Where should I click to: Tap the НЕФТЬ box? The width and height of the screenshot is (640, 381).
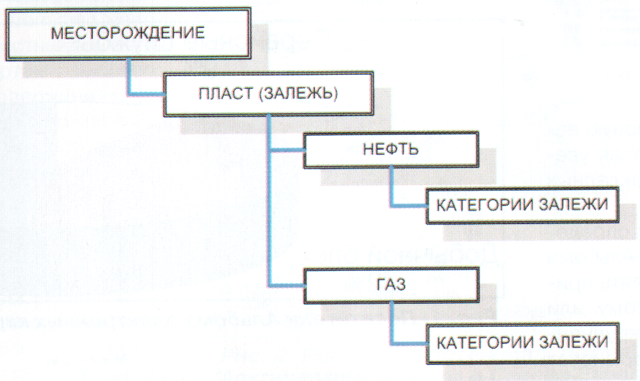(391, 150)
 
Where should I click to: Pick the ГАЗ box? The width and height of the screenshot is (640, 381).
(391, 284)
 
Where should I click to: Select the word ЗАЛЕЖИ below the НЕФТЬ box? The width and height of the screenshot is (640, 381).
(573, 206)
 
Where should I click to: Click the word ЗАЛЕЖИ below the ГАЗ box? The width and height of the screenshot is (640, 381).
(573, 341)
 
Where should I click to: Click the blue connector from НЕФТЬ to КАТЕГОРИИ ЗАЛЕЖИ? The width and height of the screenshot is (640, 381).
(392, 192)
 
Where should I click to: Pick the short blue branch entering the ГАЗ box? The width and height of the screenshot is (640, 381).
(288, 283)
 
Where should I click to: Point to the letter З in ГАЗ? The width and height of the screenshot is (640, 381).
(401, 284)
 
